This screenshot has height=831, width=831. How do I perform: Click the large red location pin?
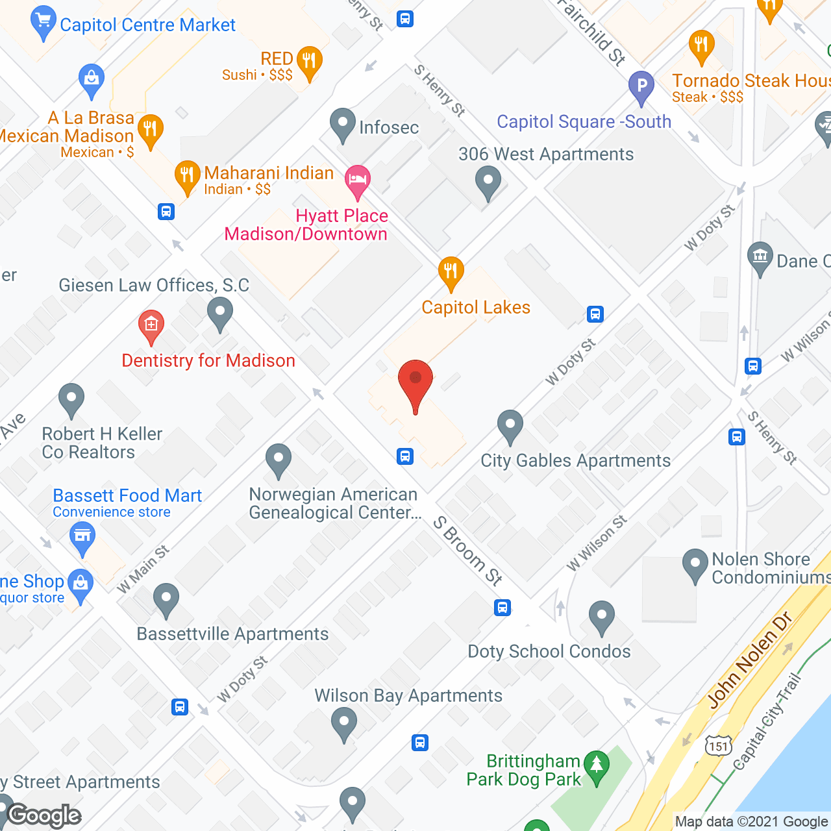pyautogui.click(x=415, y=383)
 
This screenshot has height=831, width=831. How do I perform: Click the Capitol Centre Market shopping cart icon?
pyautogui.click(x=43, y=21)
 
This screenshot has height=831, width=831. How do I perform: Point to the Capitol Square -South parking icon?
pyautogui.click(x=641, y=86)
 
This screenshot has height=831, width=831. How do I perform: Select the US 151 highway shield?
pyautogui.click(x=719, y=746)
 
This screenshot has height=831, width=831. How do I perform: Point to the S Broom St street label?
pyautogui.click(x=467, y=551)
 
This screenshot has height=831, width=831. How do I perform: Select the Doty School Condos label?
pyautogui.click(x=549, y=651)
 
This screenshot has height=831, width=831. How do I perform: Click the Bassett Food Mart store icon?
pyautogui.click(x=82, y=538)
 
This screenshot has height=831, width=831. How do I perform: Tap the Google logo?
pyautogui.click(x=44, y=815)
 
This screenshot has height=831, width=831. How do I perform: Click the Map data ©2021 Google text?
pyautogui.click(x=752, y=822)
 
